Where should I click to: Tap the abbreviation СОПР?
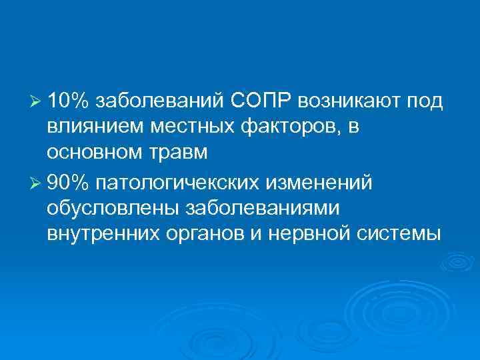coord(263,100)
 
